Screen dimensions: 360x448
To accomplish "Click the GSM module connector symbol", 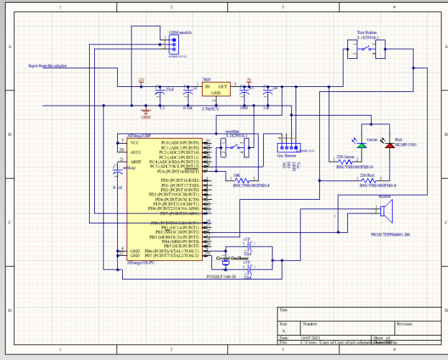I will [x=173, y=45].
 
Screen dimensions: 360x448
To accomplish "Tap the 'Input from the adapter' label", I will [x=47, y=65].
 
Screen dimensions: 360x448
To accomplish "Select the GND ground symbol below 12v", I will [x=146, y=114].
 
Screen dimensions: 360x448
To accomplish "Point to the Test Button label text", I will [x=367, y=32].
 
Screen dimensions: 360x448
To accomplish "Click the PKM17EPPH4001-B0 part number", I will [x=389, y=234].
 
